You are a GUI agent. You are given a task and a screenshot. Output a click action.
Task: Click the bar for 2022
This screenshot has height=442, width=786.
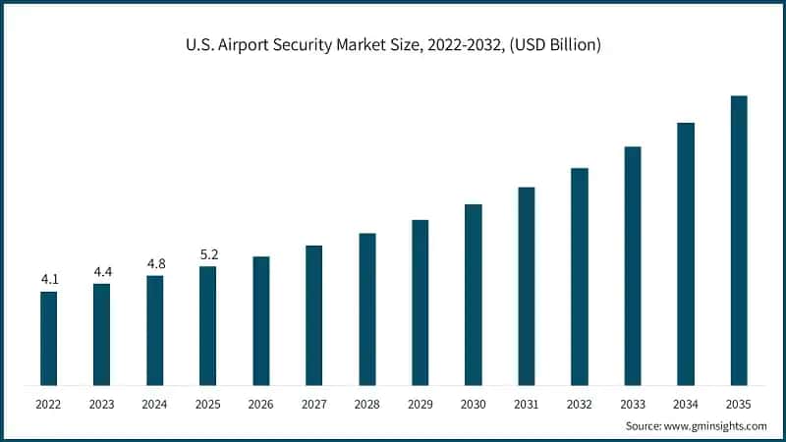pyautogui.click(x=48, y=338)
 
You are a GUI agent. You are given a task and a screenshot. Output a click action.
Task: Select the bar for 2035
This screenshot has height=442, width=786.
pyautogui.click(x=739, y=240)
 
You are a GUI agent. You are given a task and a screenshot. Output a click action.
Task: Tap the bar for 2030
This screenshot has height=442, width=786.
pyautogui.click(x=474, y=295)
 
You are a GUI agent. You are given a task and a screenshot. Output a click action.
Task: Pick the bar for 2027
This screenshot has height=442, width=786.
pyautogui.click(x=313, y=315)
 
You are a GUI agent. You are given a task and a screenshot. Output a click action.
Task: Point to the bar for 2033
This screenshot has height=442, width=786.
pyautogui.click(x=633, y=265)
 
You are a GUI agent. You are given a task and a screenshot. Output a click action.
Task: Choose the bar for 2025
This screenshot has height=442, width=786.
pyautogui.click(x=207, y=325)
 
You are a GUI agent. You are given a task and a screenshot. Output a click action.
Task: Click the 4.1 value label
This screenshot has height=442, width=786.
pyautogui.click(x=49, y=280)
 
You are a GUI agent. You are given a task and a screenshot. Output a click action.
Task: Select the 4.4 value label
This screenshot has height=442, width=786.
pyautogui.click(x=102, y=271)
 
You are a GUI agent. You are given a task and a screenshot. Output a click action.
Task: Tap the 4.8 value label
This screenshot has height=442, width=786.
pyautogui.click(x=155, y=263)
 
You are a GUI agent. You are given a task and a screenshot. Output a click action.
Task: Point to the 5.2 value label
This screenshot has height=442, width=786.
pyautogui.click(x=208, y=254)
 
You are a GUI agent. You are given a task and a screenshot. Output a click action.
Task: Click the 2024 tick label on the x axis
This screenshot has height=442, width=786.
pyautogui.click(x=154, y=404)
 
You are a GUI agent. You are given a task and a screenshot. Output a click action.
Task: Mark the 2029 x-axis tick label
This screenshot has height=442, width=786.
pyautogui.click(x=420, y=404)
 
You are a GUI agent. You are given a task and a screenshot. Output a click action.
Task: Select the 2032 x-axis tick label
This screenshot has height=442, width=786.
pyautogui.click(x=580, y=404)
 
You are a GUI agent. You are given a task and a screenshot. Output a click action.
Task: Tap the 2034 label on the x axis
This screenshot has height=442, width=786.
pyautogui.click(x=686, y=404)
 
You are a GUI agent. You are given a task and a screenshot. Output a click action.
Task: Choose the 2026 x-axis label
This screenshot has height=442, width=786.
pyautogui.click(x=260, y=404)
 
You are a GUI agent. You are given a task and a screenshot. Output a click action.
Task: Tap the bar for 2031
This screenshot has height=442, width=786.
pyautogui.click(x=527, y=286)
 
